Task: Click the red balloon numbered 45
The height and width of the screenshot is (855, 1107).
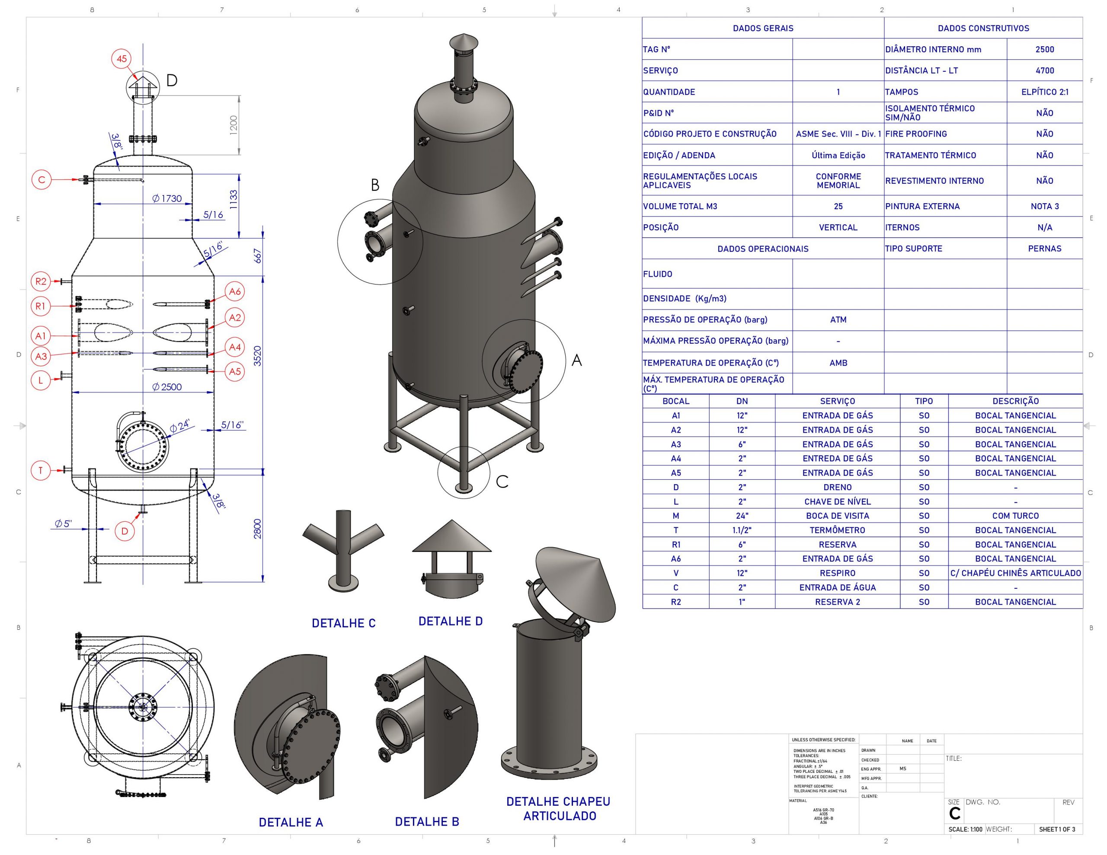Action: pyautogui.click(x=122, y=59)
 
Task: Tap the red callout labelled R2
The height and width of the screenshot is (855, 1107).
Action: pyautogui.click(x=41, y=281)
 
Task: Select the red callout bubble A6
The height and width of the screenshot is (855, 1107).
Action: pyautogui.click(x=235, y=291)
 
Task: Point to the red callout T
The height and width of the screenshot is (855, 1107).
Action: pyautogui.click(x=41, y=470)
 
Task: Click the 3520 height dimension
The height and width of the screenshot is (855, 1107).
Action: pyautogui.click(x=257, y=356)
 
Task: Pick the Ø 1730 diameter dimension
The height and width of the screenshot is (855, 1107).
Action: pyautogui.click(x=167, y=198)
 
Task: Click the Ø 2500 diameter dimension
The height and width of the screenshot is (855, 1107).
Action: pyautogui.click(x=167, y=387)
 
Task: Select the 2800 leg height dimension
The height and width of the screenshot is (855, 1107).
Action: pyautogui.click(x=257, y=529)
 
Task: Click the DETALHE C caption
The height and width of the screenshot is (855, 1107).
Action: pyautogui.click(x=344, y=623)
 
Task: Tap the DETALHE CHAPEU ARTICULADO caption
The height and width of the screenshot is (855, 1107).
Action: pyautogui.click(x=558, y=808)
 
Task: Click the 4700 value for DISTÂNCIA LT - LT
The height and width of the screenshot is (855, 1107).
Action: pyautogui.click(x=1044, y=70)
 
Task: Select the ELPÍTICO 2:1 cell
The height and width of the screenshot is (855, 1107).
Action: pyautogui.click(x=1044, y=92)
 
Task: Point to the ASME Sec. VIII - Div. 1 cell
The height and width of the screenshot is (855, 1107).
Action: pyautogui.click(x=838, y=134)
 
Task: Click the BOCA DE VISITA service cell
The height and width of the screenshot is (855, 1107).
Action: pyautogui.click(x=837, y=515)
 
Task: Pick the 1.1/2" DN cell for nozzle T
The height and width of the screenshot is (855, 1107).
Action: pyautogui.click(x=742, y=530)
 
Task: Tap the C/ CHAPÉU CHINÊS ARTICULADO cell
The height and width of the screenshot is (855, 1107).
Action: pyautogui.click(x=1015, y=573)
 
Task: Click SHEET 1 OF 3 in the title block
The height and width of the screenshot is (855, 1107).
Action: pyautogui.click(x=1056, y=829)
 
